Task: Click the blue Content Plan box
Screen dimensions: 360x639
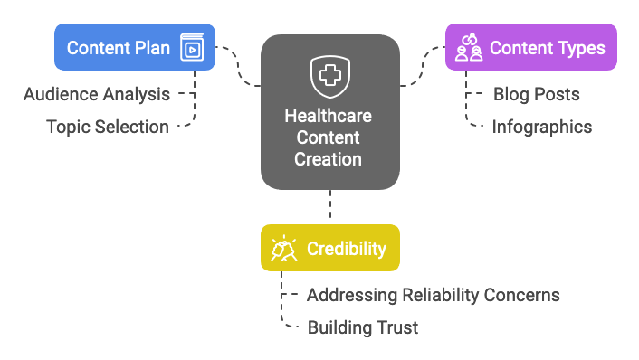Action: [135, 47]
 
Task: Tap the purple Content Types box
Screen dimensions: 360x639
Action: [531, 47]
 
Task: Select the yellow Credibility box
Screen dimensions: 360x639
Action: [330, 248]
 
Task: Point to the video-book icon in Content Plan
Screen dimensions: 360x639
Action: [192, 47]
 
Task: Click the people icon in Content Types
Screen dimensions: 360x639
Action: [469, 47]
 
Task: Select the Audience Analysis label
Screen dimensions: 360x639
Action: [96, 94]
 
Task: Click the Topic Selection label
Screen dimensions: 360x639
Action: [108, 127]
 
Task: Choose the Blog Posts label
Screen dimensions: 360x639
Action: [537, 94]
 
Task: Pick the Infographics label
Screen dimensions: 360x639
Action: [542, 127]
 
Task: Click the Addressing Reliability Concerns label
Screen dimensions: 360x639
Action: [434, 295]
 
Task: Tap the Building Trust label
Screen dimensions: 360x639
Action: [363, 327]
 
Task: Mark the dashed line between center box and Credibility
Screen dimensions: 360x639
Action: [330, 206]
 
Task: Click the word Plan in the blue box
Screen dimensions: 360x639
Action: [151, 47]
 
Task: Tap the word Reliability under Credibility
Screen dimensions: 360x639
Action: [437, 295]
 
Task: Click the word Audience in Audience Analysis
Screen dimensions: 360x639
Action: [59, 94]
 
